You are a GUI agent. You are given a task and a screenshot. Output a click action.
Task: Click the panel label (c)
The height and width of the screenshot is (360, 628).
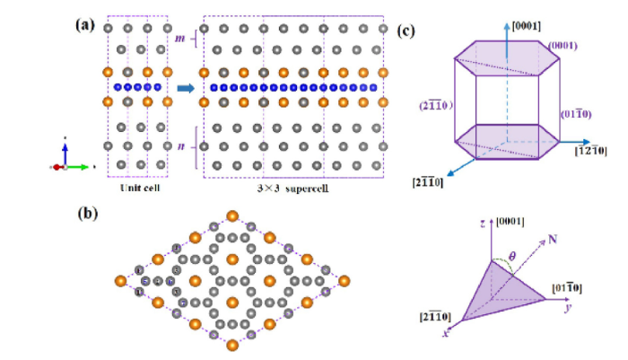pos(406,31)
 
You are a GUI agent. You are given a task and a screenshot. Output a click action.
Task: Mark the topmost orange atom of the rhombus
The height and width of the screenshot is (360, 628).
pos(232,215)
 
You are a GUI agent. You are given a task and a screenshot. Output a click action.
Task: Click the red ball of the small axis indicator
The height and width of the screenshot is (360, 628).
pos(57,167)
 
